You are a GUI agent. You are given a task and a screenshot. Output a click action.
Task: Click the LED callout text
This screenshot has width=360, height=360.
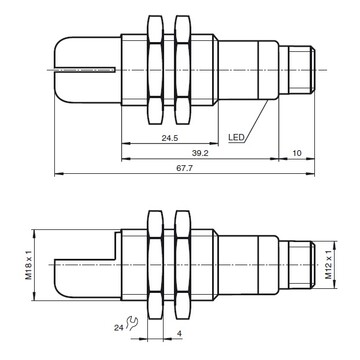coord(238,137)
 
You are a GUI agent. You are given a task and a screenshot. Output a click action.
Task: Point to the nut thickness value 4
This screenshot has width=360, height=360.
coord(179,333)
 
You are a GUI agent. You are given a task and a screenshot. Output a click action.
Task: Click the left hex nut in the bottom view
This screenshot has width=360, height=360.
coord(155,264)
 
